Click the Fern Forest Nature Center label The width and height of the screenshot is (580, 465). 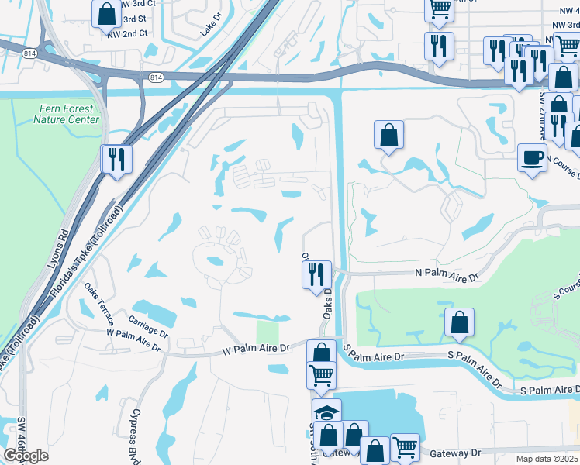[x=67, y=115]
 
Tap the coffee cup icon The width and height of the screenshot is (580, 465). [x=532, y=157]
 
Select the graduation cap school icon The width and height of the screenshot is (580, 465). [x=326, y=412]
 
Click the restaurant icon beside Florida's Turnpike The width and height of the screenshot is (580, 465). [x=116, y=159]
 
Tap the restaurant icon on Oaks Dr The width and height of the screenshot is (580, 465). [x=316, y=274]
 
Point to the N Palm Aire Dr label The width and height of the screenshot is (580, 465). [x=447, y=274]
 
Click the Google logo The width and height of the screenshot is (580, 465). [x=26, y=456]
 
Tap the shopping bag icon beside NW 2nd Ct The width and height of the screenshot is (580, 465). [x=105, y=13]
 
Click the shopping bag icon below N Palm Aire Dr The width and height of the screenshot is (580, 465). [x=459, y=323]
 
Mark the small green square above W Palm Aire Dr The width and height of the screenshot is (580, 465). [x=267, y=332]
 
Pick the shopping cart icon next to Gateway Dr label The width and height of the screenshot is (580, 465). [x=404, y=448]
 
